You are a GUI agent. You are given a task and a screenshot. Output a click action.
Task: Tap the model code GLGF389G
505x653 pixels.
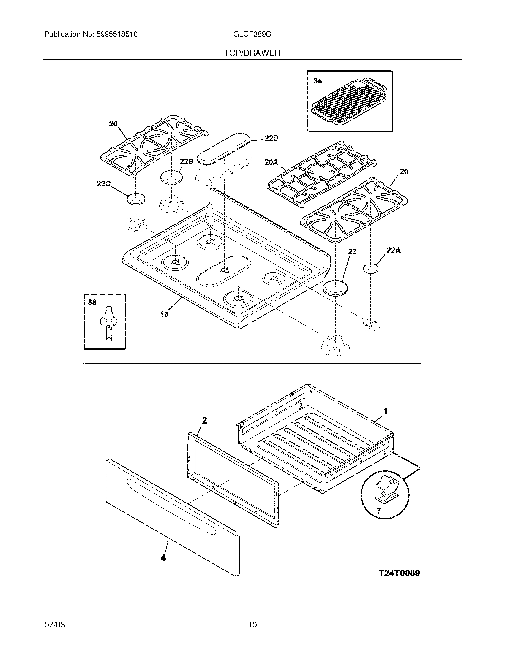(x=252, y=34)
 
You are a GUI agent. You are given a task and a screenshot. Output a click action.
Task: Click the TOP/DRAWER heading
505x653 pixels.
(x=252, y=53)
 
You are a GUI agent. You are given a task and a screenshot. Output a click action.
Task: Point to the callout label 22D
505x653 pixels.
(x=271, y=138)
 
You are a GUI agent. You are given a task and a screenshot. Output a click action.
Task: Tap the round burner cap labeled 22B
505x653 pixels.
(x=172, y=178)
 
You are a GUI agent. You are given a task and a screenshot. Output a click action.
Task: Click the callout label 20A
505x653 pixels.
(x=271, y=162)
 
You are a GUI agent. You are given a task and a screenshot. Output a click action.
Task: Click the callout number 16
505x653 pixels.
(x=164, y=314)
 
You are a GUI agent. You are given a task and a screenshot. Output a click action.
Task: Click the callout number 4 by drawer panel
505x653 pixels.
(x=163, y=557)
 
